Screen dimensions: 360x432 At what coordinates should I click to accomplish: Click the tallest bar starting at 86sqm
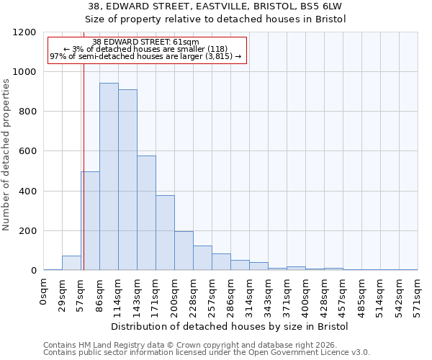tap(109, 176)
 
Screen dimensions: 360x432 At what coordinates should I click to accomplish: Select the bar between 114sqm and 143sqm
tap(127, 180)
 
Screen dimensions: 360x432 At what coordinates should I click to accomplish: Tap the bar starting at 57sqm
tap(90, 221)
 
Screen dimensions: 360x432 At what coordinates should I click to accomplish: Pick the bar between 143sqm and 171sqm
tap(146, 213)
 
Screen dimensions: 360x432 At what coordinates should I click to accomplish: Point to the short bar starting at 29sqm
tap(71, 263)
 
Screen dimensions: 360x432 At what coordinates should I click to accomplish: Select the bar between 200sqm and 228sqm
tap(184, 251)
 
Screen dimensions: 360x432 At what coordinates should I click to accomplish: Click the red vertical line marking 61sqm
tap(84, 166)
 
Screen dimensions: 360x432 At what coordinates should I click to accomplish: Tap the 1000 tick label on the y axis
tap(25, 72)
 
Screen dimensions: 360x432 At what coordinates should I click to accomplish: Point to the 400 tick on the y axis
tap(28, 192)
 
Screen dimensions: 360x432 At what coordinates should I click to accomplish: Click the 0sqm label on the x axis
tap(44, 292)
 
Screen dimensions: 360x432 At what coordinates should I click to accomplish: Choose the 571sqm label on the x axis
tap(418, 295)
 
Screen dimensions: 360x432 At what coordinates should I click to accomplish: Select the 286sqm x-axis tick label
tap(230, 295)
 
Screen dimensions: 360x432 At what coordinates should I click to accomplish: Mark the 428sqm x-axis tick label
tap(324, 295)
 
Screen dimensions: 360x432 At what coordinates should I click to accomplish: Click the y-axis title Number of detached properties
tap(7, 152)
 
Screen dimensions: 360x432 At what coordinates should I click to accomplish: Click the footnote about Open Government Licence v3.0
tap(207, 353)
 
